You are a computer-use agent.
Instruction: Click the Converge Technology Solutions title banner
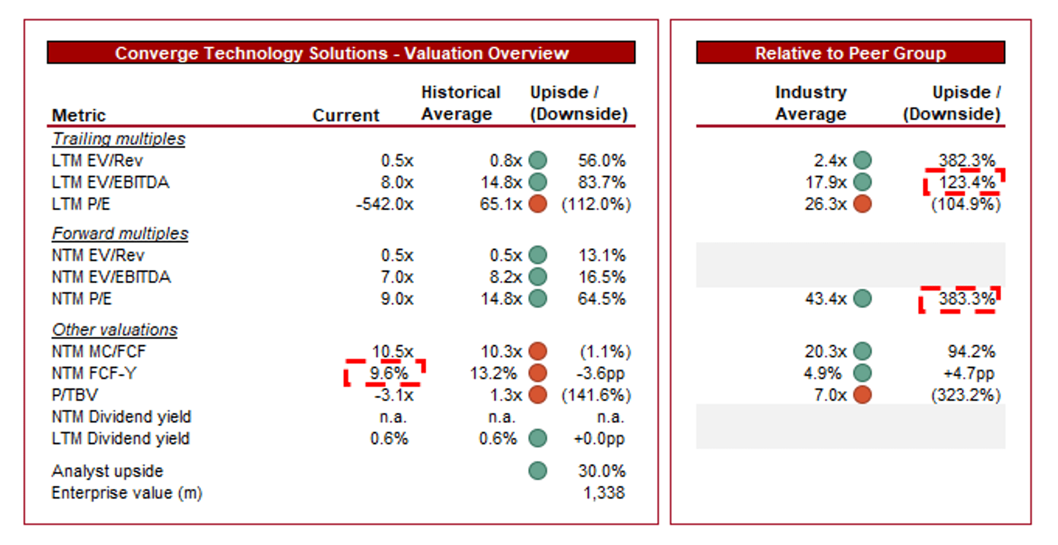pos(341,53)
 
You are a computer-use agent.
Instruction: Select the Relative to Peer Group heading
pos(850,53)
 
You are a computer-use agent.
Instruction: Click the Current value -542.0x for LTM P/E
pos(385,204)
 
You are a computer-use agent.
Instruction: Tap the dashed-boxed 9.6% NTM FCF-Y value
pos(389,373)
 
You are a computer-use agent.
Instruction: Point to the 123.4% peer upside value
pos(966,182)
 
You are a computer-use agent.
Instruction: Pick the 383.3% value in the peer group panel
pos(966,299)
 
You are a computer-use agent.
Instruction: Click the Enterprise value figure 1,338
pos(604,493)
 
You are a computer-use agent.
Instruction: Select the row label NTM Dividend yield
pos(121,417)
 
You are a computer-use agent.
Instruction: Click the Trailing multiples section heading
pos(118,138)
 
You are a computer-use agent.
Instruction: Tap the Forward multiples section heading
pos(120,233)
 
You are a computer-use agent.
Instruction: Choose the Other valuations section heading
pos(115,329)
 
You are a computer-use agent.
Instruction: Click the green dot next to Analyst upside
pos(537,470)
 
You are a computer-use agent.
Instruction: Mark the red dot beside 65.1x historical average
pos(537,204)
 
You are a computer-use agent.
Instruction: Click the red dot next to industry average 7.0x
pos(862,395)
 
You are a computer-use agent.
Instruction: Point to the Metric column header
pos(79,115)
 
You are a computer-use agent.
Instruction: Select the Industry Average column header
pos(810,103)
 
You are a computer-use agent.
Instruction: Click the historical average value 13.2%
pos(493,373)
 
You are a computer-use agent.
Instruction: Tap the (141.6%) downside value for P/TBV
pos(596,395)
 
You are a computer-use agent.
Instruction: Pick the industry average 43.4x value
pos(825,299)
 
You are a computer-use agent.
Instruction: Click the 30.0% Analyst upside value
pos(601,470)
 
